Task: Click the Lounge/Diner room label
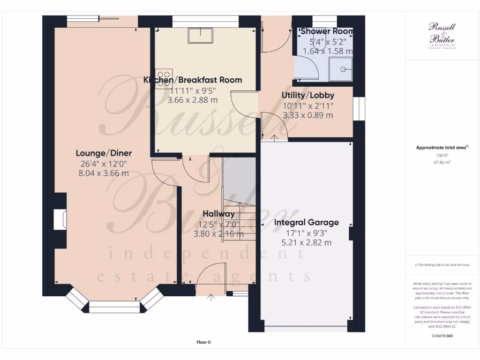(104, 153)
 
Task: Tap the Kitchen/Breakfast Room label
(193, 80)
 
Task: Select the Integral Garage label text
(306, 223)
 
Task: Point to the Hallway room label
(219, 214)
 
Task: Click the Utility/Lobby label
(307, 95)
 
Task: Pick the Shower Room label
(327, 31)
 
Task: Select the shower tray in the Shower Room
(341, 70)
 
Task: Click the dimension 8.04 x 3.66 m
(104, 173)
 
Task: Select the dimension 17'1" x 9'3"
(306, 233)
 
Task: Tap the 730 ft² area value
(442, 155)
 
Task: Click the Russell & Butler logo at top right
(442, 35)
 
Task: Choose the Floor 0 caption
(203, 342)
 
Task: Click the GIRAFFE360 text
(442, 336)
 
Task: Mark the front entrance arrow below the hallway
(211, 297)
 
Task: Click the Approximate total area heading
(442, 148)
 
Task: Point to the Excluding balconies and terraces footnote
(442, 265)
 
